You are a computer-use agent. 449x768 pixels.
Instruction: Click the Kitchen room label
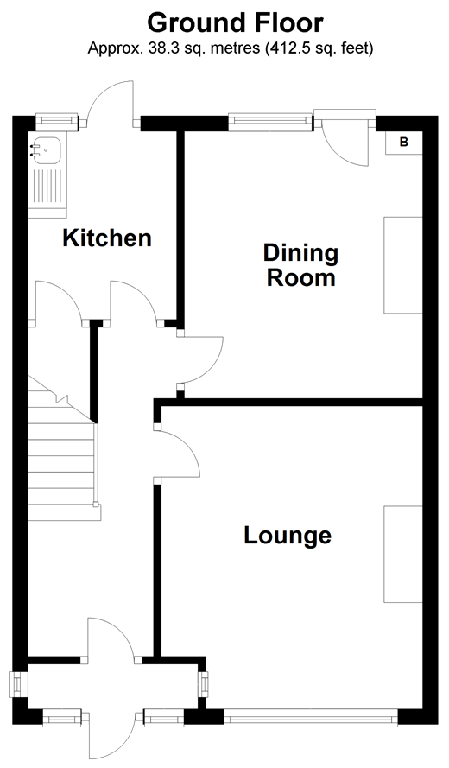pos(107,238)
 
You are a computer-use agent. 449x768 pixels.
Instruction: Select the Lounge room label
pos(288,535)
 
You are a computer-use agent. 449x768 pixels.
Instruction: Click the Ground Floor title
pos(235,22)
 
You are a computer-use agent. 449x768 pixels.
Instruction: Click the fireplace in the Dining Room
pos(403,265)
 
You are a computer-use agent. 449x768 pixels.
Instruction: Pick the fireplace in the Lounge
pos(403,554)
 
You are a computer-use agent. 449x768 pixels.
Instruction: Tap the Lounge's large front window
pos(311,718)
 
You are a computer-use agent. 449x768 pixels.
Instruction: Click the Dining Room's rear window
pos(270,122)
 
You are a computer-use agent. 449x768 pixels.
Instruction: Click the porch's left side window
pos(20,683)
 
